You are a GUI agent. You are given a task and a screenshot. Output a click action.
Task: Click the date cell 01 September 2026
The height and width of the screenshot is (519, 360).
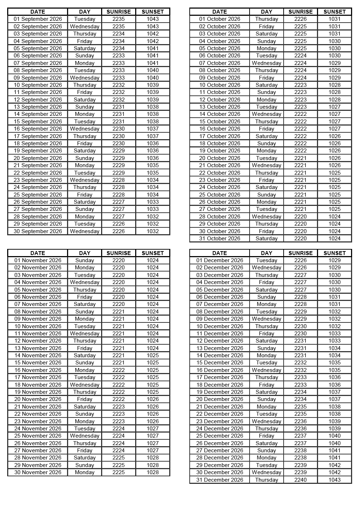(38, 19)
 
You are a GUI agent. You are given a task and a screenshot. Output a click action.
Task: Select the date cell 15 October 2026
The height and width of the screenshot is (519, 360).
(219, 122)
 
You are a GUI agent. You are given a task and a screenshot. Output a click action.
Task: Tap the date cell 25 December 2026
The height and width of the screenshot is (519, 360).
(219, 436)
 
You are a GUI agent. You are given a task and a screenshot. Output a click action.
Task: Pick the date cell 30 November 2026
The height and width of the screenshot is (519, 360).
(38, 472)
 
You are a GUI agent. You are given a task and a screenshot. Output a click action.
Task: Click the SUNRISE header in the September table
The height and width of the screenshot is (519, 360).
(119, 12)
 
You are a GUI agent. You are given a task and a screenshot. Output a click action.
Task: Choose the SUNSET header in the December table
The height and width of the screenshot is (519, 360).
(335, 253)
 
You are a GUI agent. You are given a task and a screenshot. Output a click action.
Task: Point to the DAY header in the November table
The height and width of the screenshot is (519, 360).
(85, 253)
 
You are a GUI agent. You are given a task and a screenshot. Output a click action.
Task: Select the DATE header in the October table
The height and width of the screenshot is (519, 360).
(219, 12)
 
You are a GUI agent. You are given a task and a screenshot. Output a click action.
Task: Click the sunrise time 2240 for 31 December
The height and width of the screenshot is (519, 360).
(300, 480)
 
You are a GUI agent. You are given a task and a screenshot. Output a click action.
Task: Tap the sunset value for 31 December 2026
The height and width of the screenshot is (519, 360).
(335, 480)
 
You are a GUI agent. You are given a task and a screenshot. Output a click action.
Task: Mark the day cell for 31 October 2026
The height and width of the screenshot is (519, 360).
(266, 239)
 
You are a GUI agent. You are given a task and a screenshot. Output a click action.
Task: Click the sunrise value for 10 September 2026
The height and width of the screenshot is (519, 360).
(119, 85)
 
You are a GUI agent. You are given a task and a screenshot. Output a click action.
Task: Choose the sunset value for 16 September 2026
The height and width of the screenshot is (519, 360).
(153, 129)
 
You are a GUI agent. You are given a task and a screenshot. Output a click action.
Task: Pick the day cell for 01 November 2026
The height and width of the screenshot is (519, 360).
(85, 260)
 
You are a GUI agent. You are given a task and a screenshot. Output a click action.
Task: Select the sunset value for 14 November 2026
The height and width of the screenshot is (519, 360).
(153, 355)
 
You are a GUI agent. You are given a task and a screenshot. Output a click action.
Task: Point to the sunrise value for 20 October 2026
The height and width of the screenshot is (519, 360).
(300, 158)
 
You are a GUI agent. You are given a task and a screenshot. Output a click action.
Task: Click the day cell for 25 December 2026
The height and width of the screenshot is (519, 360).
(266, 436)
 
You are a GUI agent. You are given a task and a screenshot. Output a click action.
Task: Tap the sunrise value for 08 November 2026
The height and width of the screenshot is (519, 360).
(119, 312)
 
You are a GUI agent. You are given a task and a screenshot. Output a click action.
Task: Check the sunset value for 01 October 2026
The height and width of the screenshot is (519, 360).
(335, 19)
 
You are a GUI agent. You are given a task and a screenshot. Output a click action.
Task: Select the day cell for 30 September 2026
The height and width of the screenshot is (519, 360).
(85, 231)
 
